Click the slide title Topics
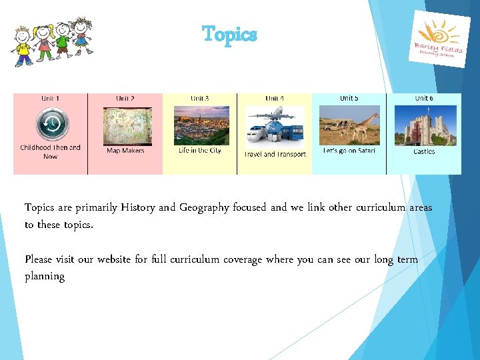click(x=229, y=34)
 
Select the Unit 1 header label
click(x=51, y=99)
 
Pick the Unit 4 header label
click(x=275, y=99)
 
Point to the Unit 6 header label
click(x=424, y=98)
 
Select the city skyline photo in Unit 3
click(x=201, y=125)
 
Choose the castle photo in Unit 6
click(x=424, y=125)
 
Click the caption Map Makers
click(x=125, y=151)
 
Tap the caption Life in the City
click(x=200, y=151)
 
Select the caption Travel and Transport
click(x=275, y=154)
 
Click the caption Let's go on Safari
click(x=349, y=151)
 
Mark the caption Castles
click(x=424, y=151)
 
